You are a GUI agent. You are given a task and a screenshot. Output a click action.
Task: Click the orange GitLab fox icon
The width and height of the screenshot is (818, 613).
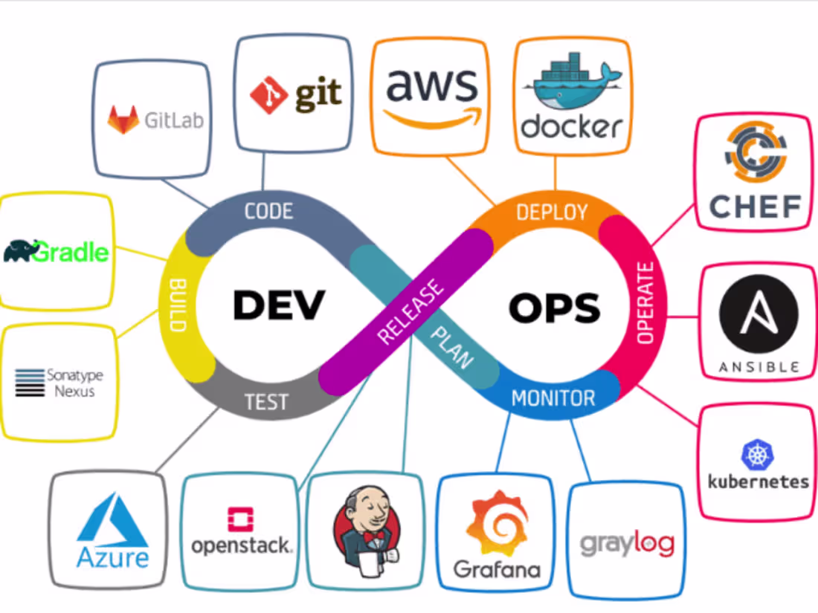(123, 120)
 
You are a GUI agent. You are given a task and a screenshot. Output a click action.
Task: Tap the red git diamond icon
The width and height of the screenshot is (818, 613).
(268, 94)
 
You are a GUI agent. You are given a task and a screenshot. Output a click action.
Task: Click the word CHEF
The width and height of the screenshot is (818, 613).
(755, 207)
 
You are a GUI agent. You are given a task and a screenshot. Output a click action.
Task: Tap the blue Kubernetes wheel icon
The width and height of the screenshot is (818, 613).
(758, 455)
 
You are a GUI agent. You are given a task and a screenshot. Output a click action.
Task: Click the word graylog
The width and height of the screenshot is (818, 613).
(627, 544)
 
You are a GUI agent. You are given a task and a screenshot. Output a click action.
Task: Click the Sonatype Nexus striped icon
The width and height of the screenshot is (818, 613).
(30, 382)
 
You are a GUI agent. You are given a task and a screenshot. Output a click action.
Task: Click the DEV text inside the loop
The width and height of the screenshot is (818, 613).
(279, 305)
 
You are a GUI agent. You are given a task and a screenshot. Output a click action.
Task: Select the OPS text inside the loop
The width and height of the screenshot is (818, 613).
(554, 307)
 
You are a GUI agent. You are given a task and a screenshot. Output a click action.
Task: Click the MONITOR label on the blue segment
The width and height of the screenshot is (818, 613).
(553, 398)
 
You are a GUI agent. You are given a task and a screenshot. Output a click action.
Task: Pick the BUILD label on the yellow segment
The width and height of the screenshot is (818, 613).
(178, 305)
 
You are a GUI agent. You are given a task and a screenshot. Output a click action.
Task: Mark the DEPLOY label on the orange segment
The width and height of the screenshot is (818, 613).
(551, 213)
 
